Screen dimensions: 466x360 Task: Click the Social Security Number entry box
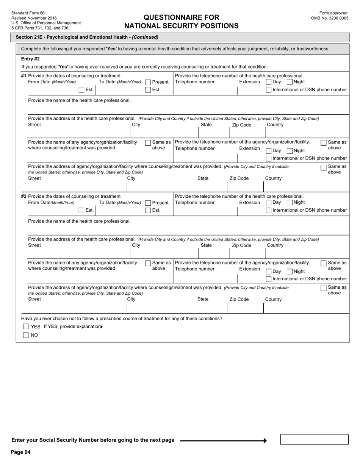tap(314, 439)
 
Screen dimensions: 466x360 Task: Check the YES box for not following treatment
tap(26, 327)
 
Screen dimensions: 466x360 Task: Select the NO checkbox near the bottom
tap(26, 335)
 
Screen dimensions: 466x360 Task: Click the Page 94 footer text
tap(20, 452)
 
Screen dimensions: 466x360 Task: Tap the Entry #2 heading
tap(30, 59)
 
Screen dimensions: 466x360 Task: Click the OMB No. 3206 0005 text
tap(330, 18)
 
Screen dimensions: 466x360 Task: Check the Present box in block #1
tap(148, 82)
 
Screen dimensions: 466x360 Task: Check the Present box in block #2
tap(148, 203)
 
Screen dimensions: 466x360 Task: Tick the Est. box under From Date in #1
tap(81, 90)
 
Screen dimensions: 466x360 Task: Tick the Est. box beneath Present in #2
tap(148, 210)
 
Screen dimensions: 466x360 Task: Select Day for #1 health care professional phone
tap(269, 82)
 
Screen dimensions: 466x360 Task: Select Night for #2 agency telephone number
tap(290, 271)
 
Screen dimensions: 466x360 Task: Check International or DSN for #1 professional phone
tap(269, 90)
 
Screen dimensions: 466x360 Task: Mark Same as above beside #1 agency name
tap(148, 142)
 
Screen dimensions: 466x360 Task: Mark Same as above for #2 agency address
tap(324, 288)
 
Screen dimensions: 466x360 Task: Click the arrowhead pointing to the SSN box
tap(265, 441)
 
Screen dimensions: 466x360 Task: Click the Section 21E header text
tap(87, 37)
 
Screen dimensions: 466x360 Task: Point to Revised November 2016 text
tap(34, 18)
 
